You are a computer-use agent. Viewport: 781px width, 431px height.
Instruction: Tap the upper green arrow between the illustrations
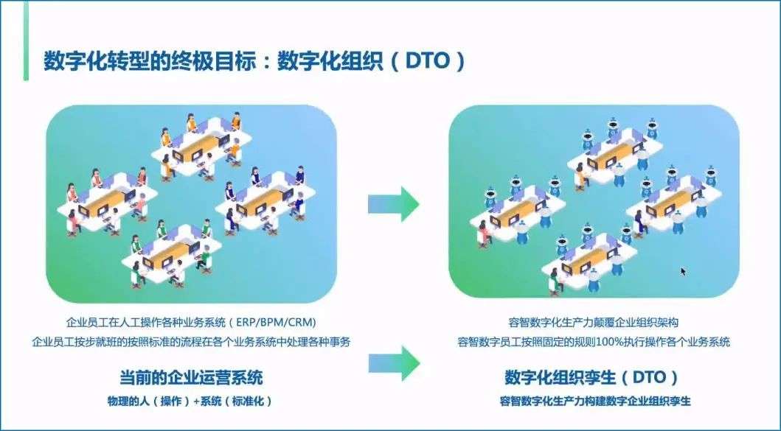[x=394, y=203]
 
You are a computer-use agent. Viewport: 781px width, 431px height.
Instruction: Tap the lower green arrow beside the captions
[x=394, y=361]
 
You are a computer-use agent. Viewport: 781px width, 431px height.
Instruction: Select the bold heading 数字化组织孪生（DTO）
[x=591, y=378]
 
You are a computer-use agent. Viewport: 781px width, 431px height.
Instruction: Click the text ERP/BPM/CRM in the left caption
[x=277, y=323]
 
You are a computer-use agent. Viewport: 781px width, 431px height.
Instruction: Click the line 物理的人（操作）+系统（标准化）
[x=191, y=402]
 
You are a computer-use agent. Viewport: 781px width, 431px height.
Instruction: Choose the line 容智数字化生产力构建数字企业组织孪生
[x=594, y=402]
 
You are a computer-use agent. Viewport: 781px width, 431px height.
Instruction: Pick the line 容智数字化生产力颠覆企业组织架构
[x=594, y=323]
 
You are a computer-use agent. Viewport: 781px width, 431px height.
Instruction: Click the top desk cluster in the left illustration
[x=197, y=144]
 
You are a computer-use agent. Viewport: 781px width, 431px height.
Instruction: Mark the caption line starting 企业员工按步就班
[x=191, y=342]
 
